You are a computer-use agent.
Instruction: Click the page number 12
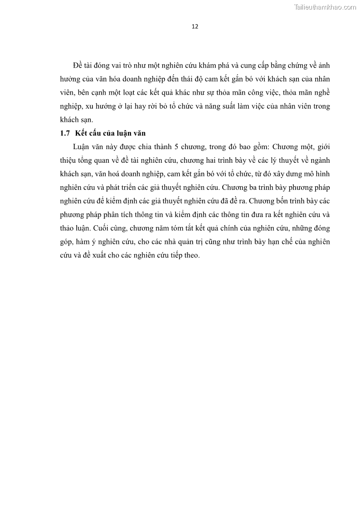coord(195,26)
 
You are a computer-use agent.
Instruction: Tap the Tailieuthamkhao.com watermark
coord(325,7)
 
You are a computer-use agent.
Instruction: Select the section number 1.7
coord(65,133)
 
